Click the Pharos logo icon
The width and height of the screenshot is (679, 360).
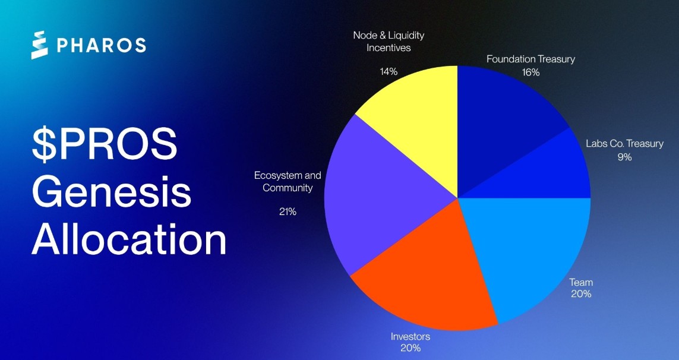[39, 45]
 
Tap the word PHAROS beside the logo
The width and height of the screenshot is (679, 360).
[101, 45]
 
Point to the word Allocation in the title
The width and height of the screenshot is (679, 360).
[129, 239]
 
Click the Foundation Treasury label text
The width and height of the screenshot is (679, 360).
[530, 59]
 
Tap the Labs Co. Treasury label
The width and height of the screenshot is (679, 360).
[624, 144]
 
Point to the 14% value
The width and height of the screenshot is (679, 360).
[389, 71]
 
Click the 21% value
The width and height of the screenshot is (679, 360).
[288, 211]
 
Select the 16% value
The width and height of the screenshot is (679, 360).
[530, 72]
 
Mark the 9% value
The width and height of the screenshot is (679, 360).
[624, 157]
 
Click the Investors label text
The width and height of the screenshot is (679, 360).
[410, 337]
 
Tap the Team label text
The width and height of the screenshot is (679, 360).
[581, 283]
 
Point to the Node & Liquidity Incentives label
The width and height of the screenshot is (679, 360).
[389, 42]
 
